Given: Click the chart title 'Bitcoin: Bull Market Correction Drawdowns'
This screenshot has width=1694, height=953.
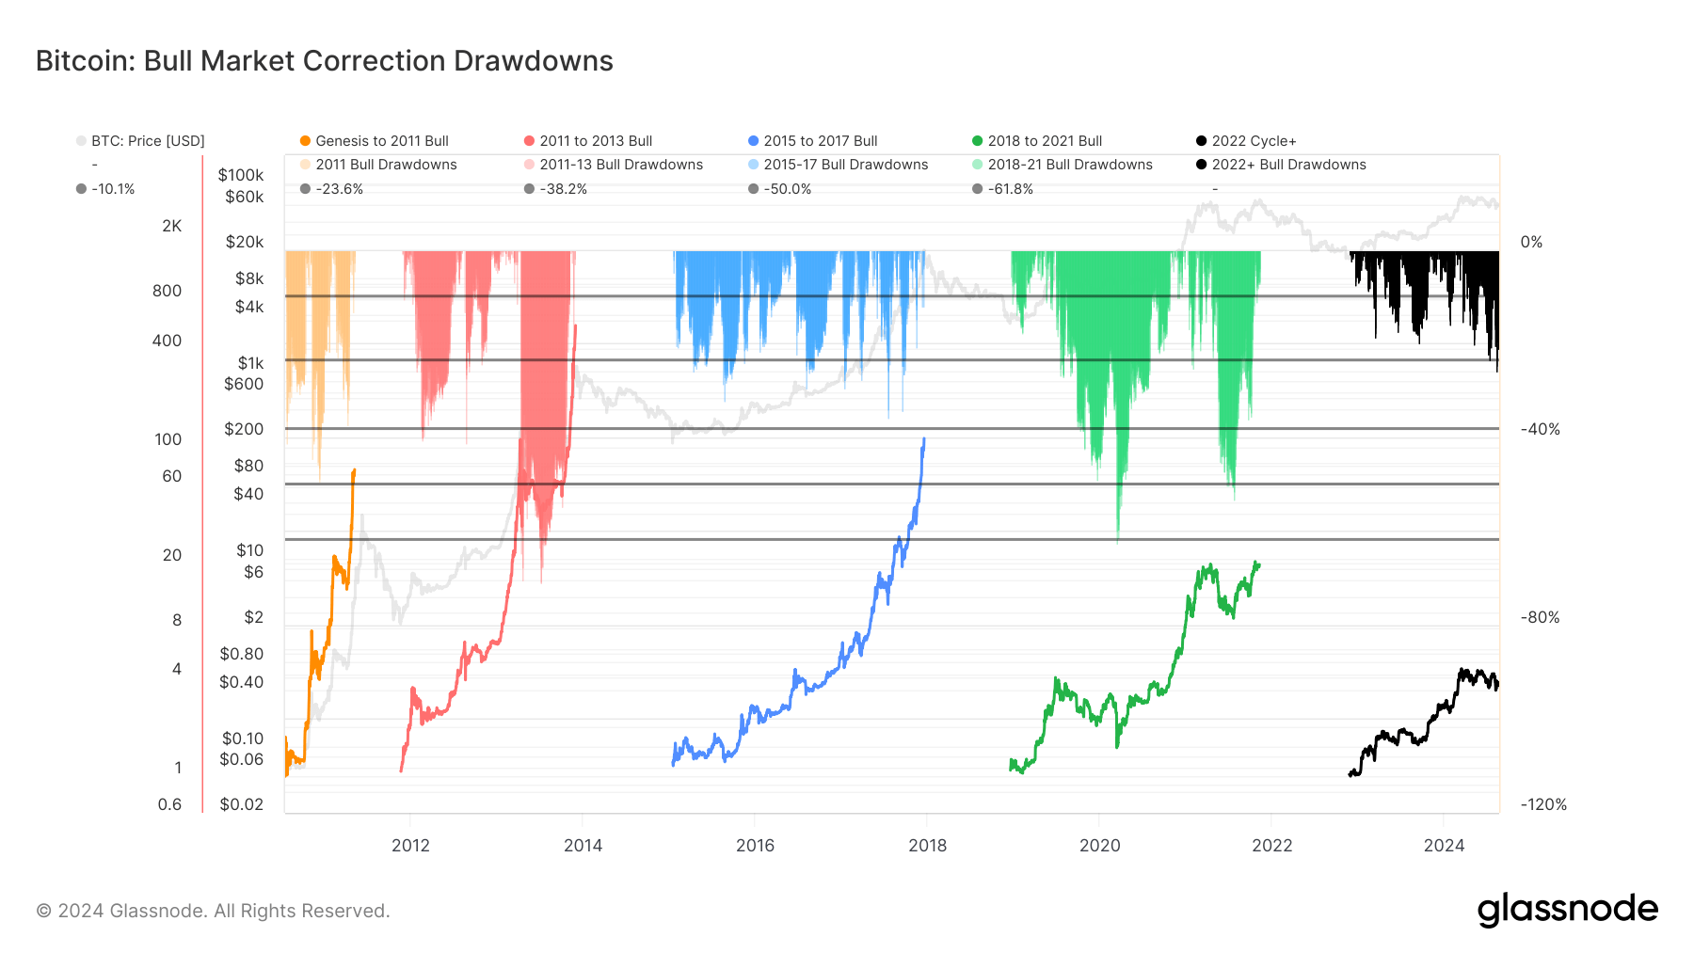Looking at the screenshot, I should click(324, 61).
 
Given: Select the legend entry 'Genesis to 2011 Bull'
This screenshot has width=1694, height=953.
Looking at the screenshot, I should click(381, 141).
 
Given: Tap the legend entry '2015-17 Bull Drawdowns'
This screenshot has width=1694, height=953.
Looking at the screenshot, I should click(845, 165).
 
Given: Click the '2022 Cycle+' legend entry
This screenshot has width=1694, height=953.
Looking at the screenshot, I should click(1253, 141).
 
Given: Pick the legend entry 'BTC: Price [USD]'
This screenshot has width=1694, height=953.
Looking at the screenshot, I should click(147, 141).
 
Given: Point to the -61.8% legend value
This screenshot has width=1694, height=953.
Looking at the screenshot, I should click(1010, 189).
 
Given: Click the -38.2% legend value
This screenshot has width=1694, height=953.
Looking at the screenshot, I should click(563, 189).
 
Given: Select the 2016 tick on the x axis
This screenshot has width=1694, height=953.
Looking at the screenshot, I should click(755, 845).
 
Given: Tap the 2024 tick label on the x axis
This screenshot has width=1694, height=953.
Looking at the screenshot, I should click(1444, 845).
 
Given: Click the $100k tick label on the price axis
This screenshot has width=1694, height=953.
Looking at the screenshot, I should click(241, 175).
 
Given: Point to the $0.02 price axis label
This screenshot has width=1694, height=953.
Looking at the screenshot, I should click(241, 804).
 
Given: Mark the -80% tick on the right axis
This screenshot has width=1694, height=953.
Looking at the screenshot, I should click(1540, 617).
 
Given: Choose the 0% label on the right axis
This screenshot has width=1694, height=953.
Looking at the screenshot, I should click(1531, 242).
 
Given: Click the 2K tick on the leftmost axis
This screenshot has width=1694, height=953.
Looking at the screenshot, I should click(171, 226).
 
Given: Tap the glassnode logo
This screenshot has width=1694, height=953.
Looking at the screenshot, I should click(1567, 910).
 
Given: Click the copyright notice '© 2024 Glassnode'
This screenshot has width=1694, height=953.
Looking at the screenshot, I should click(213, 911).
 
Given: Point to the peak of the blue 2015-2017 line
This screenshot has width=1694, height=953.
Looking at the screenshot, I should click(924, 438).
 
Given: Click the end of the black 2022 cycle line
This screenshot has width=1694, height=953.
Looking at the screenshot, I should click(1496, 685).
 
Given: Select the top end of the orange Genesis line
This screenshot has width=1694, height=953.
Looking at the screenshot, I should click(354, 469).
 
